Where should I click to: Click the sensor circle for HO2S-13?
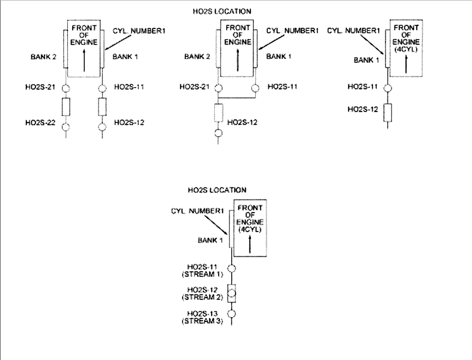tap(232, 313)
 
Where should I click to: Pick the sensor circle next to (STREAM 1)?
tap(232, 268)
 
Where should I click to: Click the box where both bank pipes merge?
tap(218, 113)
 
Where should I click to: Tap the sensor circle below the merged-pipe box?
tap(218, 133)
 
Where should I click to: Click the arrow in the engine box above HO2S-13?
tap(250, 243)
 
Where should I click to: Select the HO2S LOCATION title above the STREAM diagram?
tap(217, 190)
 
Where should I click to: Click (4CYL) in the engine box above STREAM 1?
tap(250, 229)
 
